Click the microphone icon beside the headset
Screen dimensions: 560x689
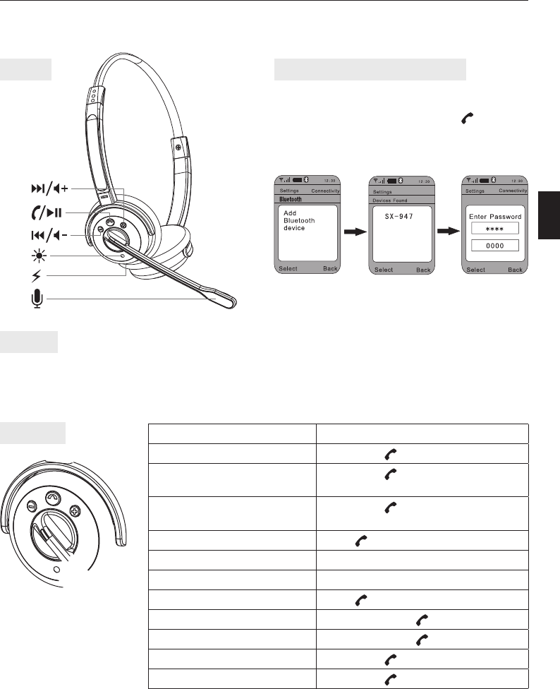point(37,299)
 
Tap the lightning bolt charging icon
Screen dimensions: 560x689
point(37,276)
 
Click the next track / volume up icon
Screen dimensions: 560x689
point(49,188)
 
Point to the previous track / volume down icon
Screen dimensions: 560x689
point(49,236)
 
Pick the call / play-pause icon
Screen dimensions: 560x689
point(47,212)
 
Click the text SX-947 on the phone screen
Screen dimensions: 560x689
point(399,216)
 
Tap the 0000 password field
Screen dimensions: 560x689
point(495,246)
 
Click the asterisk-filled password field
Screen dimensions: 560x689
point(495,229)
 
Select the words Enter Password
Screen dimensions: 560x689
point(495,216)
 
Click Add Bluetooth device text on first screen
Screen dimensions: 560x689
point(299,220)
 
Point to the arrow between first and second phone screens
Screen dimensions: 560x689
point(355,232)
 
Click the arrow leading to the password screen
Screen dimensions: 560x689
point(449,231)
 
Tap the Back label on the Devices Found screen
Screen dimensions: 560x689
point(423,270)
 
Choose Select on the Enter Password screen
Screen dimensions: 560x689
point(476,270)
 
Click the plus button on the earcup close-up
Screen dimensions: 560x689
point(75,512)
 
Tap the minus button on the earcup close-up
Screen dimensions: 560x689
point(32,505)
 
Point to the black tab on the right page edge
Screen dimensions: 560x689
point(549,215)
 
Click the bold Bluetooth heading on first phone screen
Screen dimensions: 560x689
point(291,200)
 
